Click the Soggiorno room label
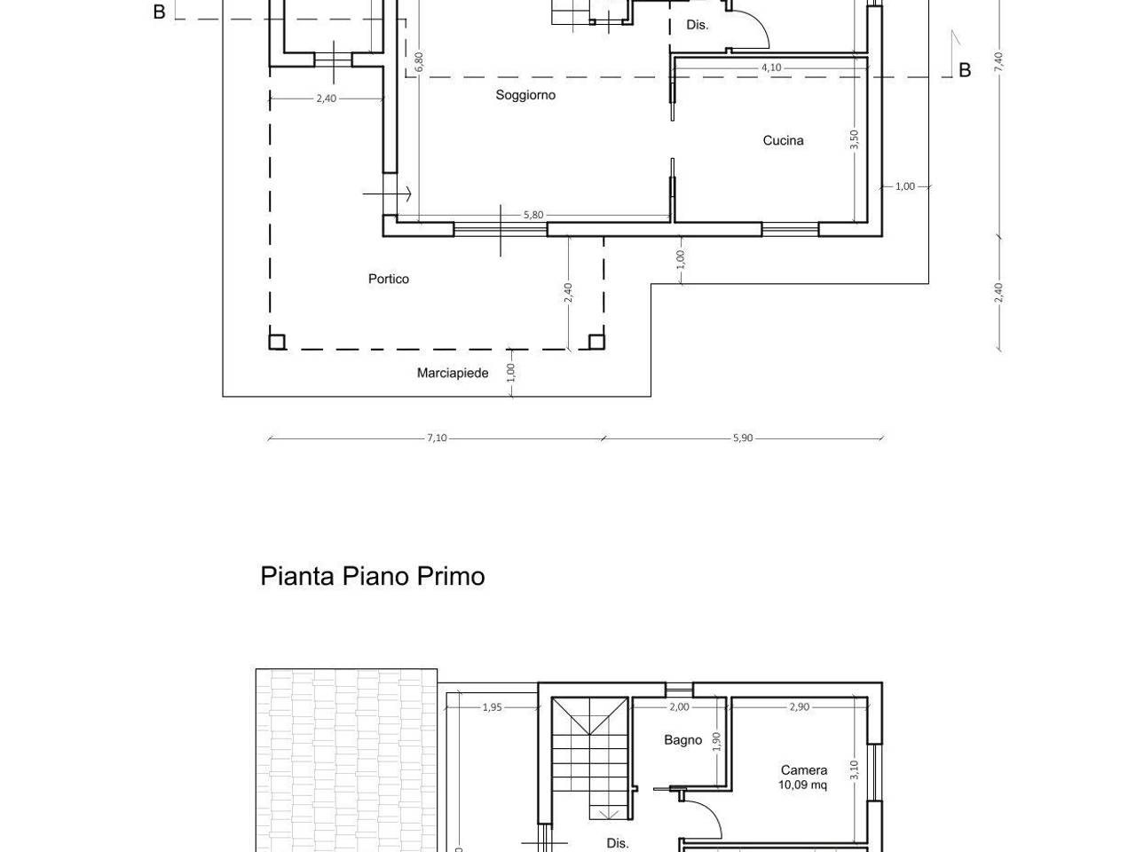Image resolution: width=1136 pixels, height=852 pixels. coord(525,95)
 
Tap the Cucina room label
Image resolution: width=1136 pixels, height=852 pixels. coord(783,140)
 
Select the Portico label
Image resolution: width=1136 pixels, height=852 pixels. coord(389,279)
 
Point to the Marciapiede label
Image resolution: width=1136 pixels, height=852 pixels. coord(453,373)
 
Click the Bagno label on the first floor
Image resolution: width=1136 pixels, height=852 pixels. coord(683,740)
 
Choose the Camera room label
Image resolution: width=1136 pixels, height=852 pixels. coord(804,770)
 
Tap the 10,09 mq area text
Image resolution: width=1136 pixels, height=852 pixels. coord(802,785)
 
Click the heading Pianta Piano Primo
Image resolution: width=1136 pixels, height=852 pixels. coord(373,576)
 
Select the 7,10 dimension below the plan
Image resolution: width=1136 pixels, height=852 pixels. coord(437,438)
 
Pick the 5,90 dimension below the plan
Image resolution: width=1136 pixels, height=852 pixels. coord(743,438)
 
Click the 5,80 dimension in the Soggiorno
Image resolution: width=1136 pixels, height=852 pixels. coord(533,215)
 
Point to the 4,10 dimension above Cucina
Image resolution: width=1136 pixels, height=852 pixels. coord(771,67)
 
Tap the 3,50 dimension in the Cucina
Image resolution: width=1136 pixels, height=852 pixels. coord(854,139)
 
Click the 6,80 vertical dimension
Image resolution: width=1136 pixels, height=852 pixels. coord(419,62)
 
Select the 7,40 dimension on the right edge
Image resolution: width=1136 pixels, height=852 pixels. coord(998,62)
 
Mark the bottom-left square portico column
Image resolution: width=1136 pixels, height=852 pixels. coord(277,342)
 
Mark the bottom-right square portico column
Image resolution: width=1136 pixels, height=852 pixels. coord(596,342)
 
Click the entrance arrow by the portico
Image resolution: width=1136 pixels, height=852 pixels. coord(387,194)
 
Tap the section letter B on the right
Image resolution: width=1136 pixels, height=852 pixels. coord(965,70)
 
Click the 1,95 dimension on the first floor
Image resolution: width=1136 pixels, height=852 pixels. coord(493,707)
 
